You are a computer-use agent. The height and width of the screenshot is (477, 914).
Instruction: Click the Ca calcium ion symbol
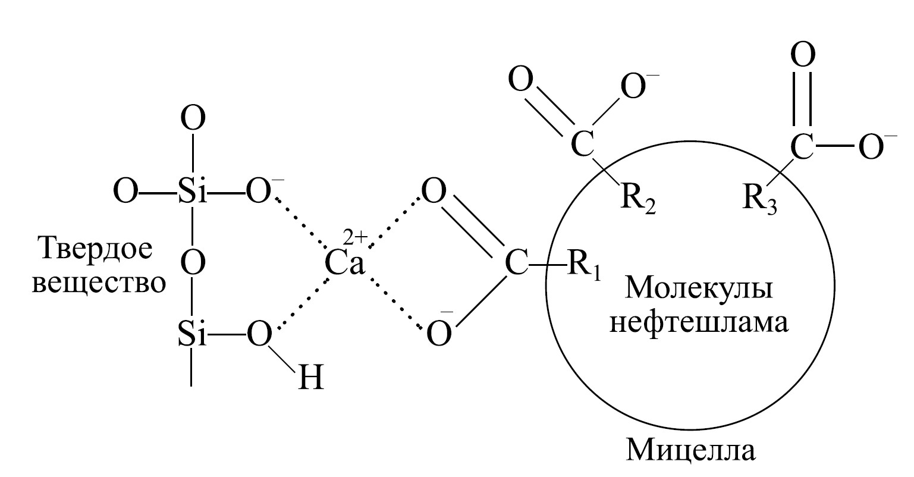point(344,263)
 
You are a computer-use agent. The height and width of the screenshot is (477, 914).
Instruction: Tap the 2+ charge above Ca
point(356,237)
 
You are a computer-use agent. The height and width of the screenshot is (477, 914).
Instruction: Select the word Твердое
point(96,249)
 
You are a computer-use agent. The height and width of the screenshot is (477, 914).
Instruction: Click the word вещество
point(99,283)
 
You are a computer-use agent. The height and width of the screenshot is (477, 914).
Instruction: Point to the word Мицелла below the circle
point(690,450)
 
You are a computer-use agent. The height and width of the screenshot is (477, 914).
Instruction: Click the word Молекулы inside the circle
point(699,288)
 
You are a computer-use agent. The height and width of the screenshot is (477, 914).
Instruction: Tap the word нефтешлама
point(699,322)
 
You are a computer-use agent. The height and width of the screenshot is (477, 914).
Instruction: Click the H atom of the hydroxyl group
point(311,378)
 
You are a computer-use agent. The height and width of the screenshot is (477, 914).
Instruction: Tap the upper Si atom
point(193,191)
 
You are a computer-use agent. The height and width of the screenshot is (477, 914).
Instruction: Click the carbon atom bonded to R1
point(517,263)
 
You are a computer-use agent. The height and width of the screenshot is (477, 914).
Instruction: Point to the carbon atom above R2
point(582,145)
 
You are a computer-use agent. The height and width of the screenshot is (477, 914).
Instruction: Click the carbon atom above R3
point(802,146)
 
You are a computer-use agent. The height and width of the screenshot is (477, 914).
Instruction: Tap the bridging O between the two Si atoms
point(193,263)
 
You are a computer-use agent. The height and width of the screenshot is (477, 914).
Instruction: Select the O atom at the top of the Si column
point(193,118)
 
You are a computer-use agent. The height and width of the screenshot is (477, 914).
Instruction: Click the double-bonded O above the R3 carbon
point(803,54)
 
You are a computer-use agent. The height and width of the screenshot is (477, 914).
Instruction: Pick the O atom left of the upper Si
point(125,191)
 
